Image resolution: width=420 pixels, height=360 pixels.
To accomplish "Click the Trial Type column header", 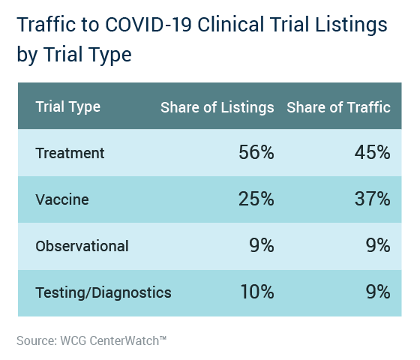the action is (x=68, y=107).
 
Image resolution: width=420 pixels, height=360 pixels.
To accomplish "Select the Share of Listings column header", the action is (x=217, y=107).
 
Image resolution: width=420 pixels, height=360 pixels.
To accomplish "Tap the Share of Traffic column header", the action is (x=338, y=107).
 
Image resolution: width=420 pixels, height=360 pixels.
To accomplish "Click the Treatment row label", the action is (x=70, y=153).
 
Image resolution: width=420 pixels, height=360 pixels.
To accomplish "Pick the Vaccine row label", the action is (x=62, y=199).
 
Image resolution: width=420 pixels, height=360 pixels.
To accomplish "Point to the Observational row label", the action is (x=82, y=246).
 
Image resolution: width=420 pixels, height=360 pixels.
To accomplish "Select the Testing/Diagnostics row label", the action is (x=103, y=292).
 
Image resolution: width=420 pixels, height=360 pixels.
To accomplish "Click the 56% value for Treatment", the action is (x=256, y=152).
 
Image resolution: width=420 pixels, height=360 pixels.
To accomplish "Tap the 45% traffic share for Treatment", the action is (x=372, y=152).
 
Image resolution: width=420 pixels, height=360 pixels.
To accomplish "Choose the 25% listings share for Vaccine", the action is (x=256, y=199).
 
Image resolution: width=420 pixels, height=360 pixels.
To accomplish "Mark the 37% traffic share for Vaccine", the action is (x=372, y=199).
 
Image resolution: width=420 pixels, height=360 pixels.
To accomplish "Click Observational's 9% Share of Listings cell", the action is (x=262, y=245).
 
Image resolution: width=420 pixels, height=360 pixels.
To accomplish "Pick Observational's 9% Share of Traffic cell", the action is (x=378, y=245).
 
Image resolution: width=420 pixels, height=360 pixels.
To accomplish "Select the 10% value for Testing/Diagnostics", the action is (x=257, y=292).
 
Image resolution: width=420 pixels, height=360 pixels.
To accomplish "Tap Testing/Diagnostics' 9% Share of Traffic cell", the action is (x=378, y=292).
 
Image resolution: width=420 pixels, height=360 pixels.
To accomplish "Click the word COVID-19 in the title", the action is (x=148, y=24).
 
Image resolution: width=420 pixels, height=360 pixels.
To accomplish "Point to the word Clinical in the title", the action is (x=231, y=24).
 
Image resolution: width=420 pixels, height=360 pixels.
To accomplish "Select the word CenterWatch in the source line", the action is (x=124, y=341).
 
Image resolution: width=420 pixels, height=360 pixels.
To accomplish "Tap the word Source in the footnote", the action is (x=37, y=341).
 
